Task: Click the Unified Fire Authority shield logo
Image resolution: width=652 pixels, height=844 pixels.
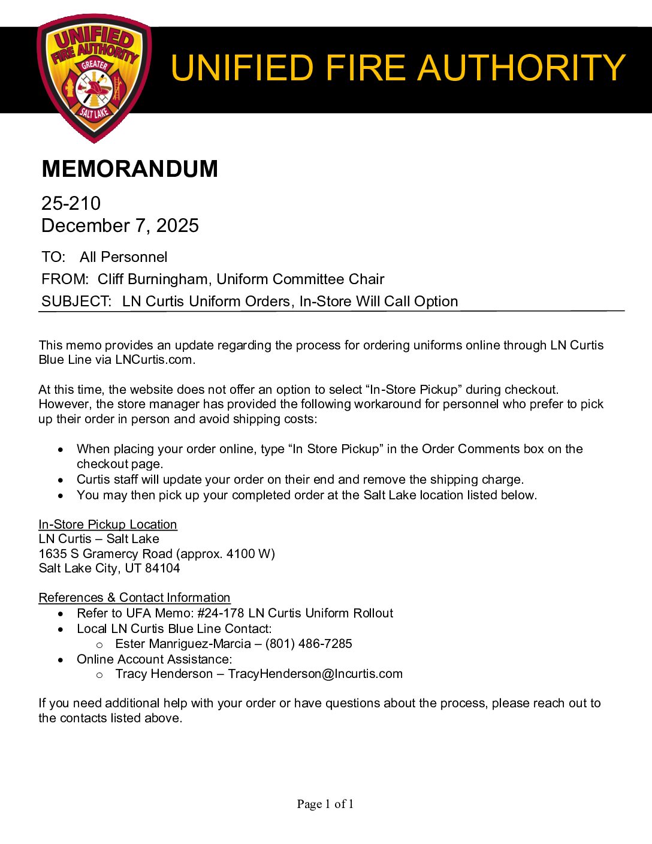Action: click(x=94, y=78)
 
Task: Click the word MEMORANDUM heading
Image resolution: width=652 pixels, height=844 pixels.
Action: click(x=129, y=169)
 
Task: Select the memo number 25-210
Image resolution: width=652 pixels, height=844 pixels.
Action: click(x=71, y=204)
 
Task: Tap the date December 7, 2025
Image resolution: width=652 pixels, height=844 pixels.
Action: click(x=120, y=226)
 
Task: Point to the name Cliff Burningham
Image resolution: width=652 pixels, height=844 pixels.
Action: click(x=153, y=279)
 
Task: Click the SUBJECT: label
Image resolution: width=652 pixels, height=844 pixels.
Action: click(x=76, y=302)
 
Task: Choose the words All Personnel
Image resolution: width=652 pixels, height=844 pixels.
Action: click(x=123, y=257)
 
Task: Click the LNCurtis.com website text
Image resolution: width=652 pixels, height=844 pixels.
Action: click(x=154, y=360)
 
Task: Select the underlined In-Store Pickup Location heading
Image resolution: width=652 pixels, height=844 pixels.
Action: click(x=108, y=525)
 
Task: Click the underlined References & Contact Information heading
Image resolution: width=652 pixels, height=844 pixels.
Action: click(x=134, y=598)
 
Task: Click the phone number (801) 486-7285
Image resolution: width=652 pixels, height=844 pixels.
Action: click(x=309, y=644)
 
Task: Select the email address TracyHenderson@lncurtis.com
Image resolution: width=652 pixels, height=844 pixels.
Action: click(x=315, y=674)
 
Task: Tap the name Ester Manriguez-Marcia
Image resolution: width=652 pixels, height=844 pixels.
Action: click(x=183, y=644)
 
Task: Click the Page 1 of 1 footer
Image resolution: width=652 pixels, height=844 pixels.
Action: click(x=325, y=804)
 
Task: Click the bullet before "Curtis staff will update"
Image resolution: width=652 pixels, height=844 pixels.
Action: click(x=61, y=480)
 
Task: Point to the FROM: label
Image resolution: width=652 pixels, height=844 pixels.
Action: click(x=65, y=279)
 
